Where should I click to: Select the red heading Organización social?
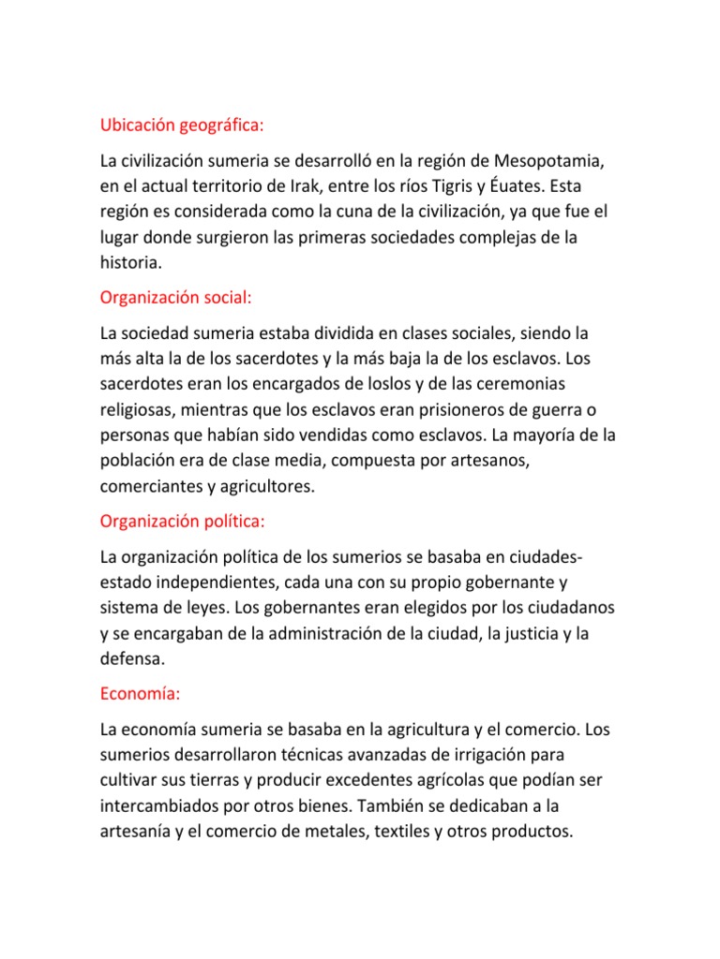176,298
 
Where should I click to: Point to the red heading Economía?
140,694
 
